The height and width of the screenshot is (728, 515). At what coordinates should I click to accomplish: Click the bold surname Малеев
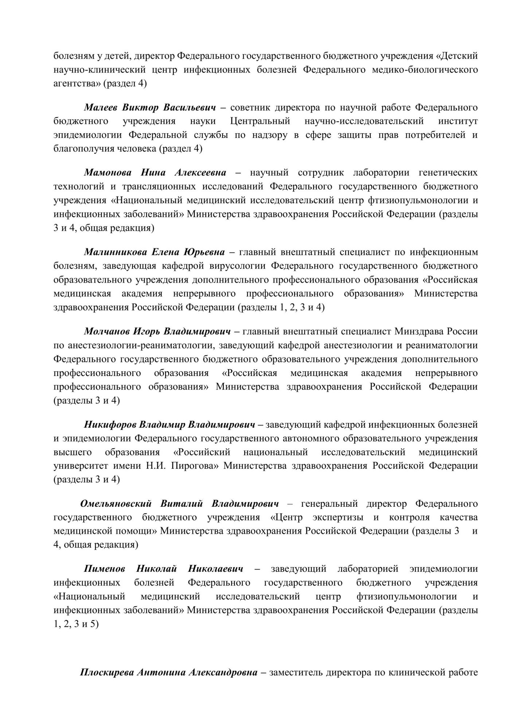click(x=101, y=108)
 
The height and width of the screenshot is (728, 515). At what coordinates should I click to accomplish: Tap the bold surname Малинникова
click(x=115, y=252)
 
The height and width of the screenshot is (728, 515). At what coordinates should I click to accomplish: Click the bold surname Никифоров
click(x=110, y=424)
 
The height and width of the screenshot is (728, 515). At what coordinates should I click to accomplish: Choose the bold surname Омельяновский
click(x=116, y=504)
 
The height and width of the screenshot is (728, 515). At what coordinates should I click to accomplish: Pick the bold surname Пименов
click(x=104, y=569)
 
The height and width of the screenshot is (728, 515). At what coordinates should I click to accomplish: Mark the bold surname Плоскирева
click(x=106, y=672)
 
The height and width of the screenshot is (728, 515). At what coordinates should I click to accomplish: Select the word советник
click(x=250, y=108)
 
